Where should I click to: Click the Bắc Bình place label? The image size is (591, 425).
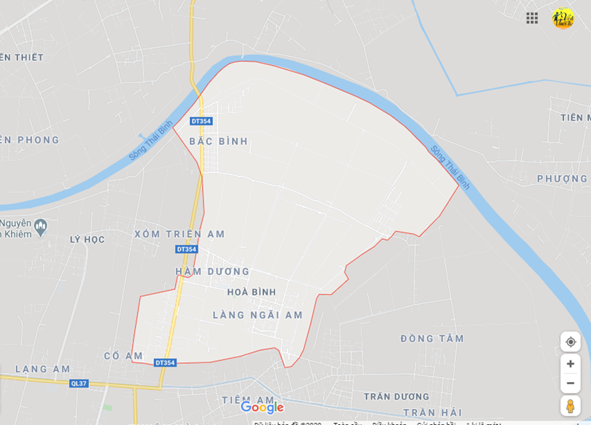(x=219, y=141)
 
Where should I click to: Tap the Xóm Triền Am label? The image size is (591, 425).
(x=179, y=234)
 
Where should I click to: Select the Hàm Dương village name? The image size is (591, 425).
(x=212, y=271)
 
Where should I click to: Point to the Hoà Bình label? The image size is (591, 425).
(x=252, y=292)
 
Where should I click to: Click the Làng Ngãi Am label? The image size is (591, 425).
(x=258, y=315)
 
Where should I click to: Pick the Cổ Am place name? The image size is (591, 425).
(x=124, y=356)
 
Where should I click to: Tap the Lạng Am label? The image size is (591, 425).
(x=43, y=369)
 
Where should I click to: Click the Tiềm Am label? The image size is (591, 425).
(x=248, y=399)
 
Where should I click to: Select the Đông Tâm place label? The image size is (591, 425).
(x=432, y=338)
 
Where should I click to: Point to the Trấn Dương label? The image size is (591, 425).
(x=397, y=397)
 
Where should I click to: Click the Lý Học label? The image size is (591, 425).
(x=88, y=239)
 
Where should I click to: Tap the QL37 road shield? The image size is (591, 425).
(x=79, y=383)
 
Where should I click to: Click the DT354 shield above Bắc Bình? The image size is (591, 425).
(x=201, y=121)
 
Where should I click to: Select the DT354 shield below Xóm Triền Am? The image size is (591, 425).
(x=186, y=249)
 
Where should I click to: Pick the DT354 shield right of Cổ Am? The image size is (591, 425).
(x=165, y=362)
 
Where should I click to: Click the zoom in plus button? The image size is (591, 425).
(x=571, y=364)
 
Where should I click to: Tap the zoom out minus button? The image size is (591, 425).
(x=571, y=383)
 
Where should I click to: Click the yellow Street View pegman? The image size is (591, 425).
(x=571, y=406)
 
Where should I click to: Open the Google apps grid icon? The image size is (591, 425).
(x=532, y=18)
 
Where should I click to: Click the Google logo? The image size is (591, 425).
(x=262, y=408)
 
